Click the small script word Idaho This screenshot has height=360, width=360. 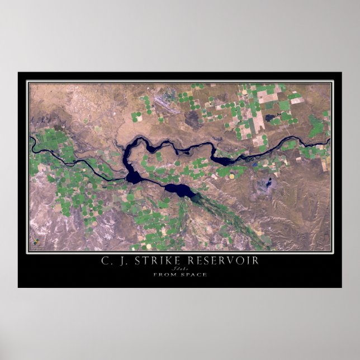click(179, 268)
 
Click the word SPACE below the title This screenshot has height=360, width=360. click(193, 274)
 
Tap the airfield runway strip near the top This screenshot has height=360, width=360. click(167, 105)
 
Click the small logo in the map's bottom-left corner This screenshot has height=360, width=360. click(36, 243)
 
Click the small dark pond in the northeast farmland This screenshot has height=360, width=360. click(273, 119)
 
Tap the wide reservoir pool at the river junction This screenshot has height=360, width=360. click(134, 177)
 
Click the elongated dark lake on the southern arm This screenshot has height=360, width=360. click(179, 191)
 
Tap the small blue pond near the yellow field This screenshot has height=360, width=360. click(254, 165)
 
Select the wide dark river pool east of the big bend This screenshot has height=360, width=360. click(222, 160)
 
